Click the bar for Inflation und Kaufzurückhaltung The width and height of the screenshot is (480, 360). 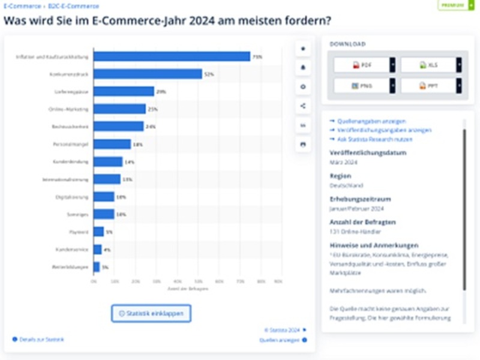[x=172, y=56]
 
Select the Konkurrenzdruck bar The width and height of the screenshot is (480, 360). [x=148, y=74]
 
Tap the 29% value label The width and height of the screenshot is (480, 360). [x=161, y=92]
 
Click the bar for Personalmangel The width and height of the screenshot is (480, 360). [x=112, y=144]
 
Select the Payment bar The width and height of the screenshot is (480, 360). [x=98, y=232]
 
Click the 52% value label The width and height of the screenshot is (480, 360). [x=209, y=74]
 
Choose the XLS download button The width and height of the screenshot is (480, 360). [x=428, y=65]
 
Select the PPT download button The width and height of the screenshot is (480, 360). [x=428, y=86]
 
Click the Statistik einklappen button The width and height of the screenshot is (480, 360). [x=151, y=313]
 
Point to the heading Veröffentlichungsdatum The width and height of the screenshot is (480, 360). [x=368, y=153]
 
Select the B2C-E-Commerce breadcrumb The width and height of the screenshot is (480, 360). [x=74, y=5]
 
